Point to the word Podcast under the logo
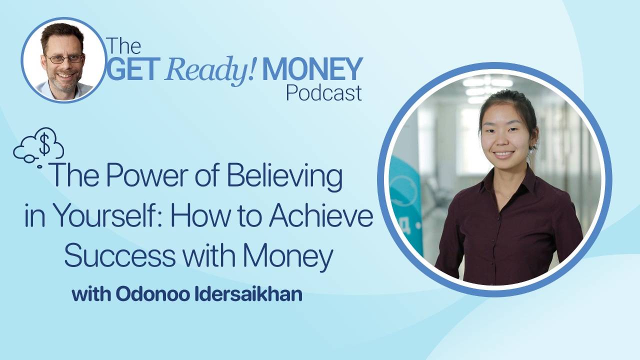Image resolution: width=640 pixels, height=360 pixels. tap(323, 92)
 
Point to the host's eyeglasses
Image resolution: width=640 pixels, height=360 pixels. tap(64, 58)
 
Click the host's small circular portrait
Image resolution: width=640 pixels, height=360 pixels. tap(63, 61)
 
